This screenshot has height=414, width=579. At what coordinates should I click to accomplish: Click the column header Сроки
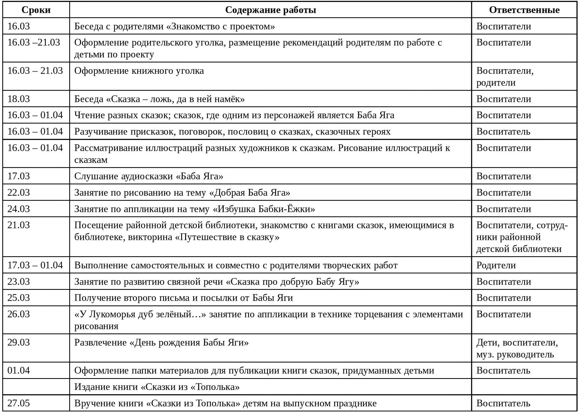(36, 10)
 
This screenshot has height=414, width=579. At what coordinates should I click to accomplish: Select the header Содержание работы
(270, 10)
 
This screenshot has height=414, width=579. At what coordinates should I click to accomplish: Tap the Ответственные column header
(524, 10)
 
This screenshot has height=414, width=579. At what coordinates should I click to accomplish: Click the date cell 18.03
(19, 99)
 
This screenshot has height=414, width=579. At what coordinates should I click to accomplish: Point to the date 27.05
(19, 403)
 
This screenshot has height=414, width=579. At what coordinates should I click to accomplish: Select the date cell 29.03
(19, 343)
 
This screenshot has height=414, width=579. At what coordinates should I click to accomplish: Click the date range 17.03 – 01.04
(35, 265)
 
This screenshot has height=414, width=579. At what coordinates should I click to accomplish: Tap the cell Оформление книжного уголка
(139, 71)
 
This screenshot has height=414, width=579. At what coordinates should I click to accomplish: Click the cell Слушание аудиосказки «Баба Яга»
(149, 176)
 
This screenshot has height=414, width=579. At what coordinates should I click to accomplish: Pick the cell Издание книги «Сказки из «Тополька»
(157, 387)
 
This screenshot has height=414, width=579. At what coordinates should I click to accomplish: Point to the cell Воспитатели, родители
(505, 77)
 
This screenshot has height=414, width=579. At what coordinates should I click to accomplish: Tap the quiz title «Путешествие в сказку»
(227, 237)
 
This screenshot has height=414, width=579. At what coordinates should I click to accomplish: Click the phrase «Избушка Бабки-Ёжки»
(264, 209)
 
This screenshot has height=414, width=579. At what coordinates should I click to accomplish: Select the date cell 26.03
(19, 314)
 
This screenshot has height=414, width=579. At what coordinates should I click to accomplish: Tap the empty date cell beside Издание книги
(36, 387)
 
